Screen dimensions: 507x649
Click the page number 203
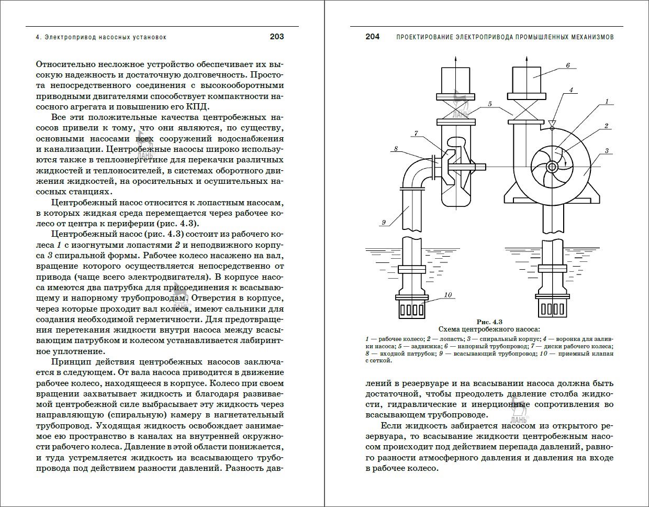(276, 37)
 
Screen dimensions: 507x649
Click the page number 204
(372, 37)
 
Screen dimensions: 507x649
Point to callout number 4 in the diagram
(571, 90)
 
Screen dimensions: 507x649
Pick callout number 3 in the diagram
(606, 151)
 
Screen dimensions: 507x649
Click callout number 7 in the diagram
(416, 134)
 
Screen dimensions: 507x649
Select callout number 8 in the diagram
(396, 149)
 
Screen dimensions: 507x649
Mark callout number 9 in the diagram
(383, 223)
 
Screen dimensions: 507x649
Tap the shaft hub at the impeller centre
(552, 167)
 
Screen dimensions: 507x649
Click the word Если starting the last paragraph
(390, 426)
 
